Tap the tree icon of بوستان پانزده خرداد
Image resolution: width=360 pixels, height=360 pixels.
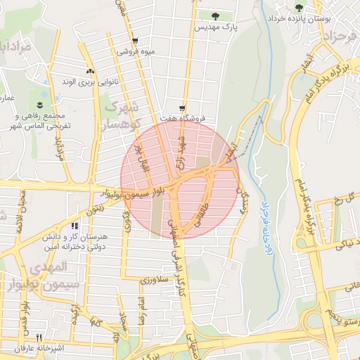[300, 8]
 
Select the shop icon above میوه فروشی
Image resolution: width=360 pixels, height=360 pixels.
[134, 41]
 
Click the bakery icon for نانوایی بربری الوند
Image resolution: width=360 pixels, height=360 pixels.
[89, 71]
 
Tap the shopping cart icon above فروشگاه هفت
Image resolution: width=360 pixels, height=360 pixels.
[182, 108]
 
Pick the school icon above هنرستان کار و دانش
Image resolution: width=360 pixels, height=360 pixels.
[74, 226]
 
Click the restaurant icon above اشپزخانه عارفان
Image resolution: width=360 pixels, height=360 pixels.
[39, 337]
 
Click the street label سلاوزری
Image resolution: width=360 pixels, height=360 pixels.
[155, 280]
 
